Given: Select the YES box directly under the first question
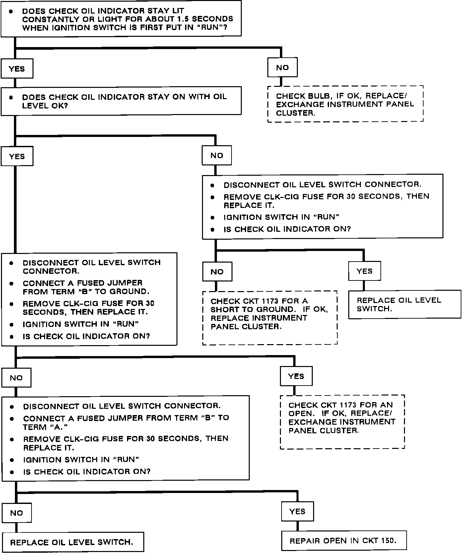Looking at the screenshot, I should (17, 69).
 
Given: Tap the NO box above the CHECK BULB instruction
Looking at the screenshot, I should (283, 68).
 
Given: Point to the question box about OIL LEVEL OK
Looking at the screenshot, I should (121, 101).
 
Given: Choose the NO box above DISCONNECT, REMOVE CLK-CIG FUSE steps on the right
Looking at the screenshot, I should (217, 155).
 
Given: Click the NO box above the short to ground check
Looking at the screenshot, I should (217, 272).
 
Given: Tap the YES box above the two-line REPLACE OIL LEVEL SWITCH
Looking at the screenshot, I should (365, 271).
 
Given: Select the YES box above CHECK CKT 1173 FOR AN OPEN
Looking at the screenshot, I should (296, 376).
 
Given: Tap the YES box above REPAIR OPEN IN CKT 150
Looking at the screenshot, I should (297, 512).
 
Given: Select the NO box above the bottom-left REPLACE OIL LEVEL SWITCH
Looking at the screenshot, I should (17, 513).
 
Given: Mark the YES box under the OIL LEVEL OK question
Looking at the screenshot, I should (17, 156).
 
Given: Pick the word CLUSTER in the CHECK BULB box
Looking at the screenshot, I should (295, 113).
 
